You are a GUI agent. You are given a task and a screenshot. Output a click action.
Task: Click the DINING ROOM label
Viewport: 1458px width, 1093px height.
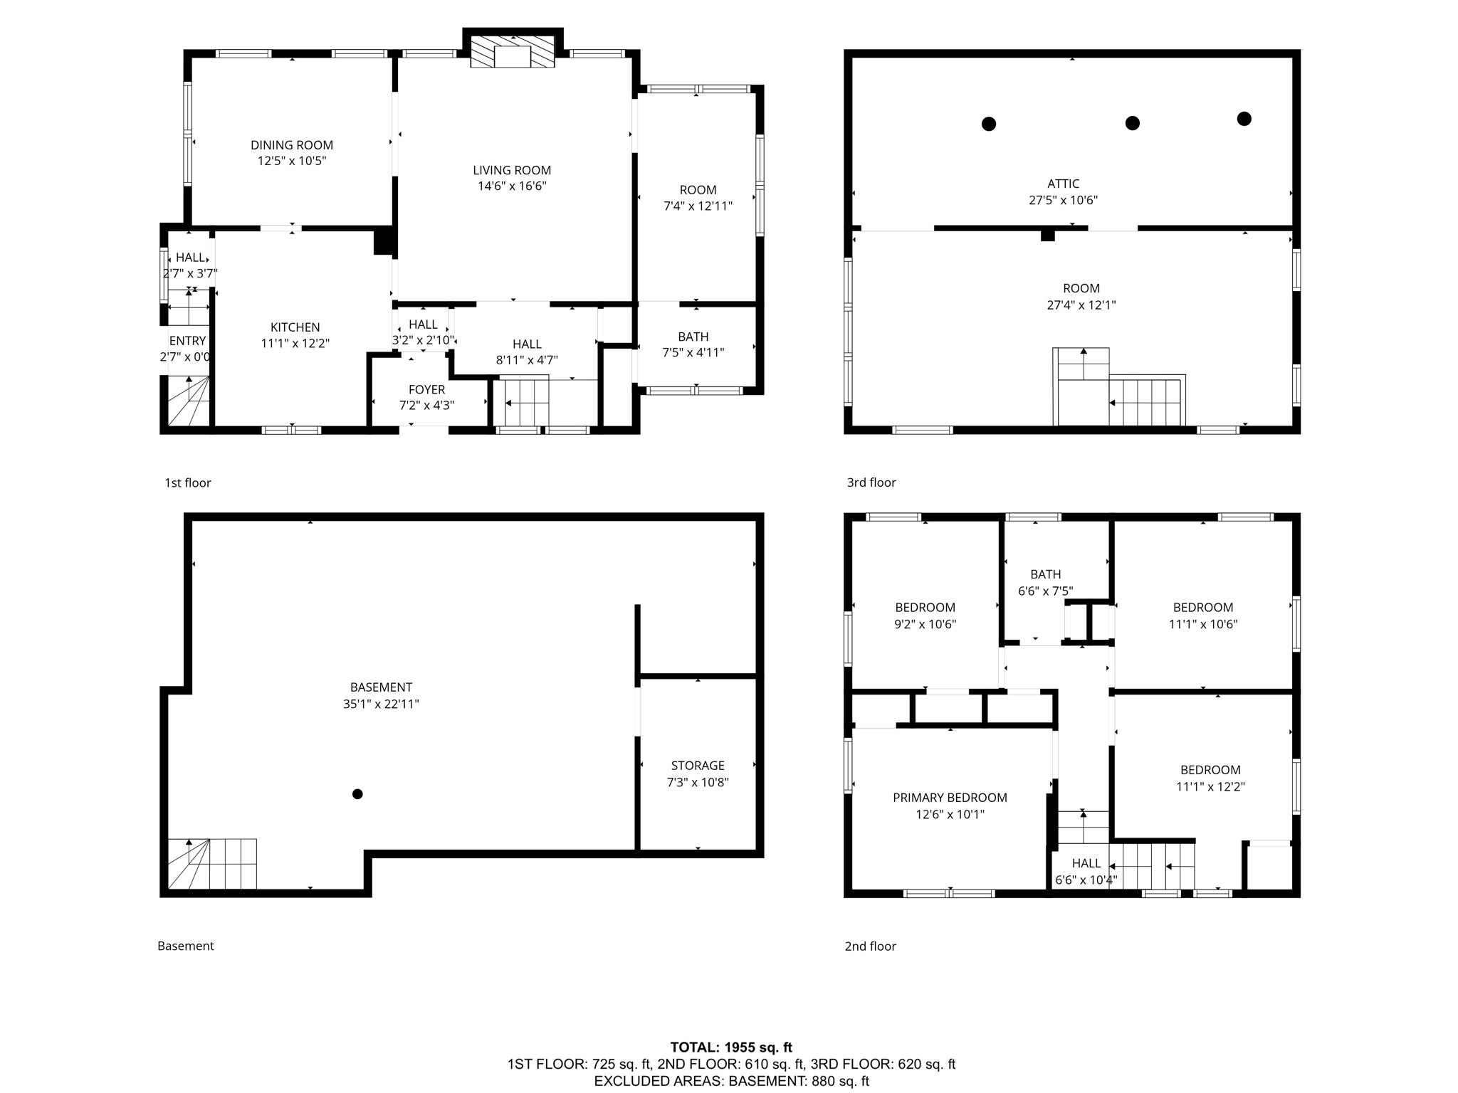point(291,145)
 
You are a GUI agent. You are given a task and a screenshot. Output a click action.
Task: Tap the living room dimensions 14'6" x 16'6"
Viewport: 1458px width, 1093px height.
point(512,186)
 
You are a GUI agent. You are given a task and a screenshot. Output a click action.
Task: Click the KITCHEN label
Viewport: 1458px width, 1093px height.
point(295,327)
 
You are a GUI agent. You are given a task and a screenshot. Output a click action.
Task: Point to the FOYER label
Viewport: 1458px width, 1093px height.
point(426,390)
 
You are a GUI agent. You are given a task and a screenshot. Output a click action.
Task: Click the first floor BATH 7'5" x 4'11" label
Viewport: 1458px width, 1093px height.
point(693,344)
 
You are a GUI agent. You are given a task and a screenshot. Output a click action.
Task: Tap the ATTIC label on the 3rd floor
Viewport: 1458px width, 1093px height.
point(1063,184)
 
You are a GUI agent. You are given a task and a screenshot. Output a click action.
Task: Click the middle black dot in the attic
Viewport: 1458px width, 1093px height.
point(1132,123)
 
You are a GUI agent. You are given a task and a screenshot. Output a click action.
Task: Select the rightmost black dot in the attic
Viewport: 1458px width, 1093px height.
point(1244,119)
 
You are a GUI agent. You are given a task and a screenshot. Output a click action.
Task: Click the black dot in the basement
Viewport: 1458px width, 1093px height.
point(357,794)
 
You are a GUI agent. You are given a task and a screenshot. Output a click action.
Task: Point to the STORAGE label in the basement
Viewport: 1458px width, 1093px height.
point(697,766)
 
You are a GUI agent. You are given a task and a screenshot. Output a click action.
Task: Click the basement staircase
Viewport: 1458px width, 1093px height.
point(211,864)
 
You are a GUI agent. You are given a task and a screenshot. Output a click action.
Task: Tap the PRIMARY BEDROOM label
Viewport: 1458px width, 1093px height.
point(950,798)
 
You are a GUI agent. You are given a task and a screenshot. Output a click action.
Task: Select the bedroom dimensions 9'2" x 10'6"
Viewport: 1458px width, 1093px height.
point(925,625)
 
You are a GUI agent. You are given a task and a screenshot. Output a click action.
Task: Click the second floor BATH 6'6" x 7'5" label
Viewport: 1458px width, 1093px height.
point(1045,583)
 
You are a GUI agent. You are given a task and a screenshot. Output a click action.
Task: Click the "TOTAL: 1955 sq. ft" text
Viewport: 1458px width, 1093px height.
point(730,1047)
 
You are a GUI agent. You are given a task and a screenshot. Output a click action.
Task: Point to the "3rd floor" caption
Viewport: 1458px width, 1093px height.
point(871,482)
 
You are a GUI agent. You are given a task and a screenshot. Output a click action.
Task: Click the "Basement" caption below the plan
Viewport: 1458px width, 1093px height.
point(185,946)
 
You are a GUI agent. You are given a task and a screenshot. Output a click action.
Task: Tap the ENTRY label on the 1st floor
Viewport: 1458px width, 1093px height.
point(187,341)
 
